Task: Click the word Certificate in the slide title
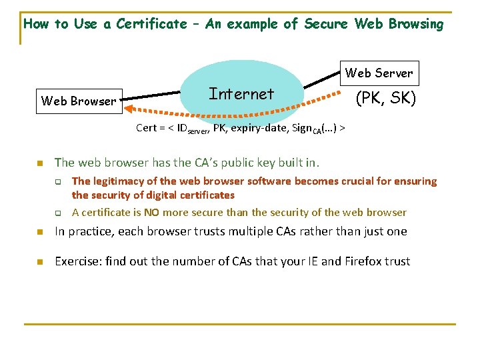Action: pyautogui.click(x=151, y=24)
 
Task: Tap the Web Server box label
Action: pyautogui.click(x=379, y=73)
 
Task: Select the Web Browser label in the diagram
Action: pyautogui.click(x=79, y=101)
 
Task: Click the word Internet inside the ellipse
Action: pyautogui.click(x=241, y=94)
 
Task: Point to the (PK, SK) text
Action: pyautogui.click(x=385, y=99)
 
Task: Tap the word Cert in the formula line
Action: pyautogui.click(x=146, y=128)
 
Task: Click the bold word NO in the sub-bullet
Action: pyautogui.click(x=153, y=212)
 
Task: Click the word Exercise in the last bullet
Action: pyautogui.click(x=77, y=261)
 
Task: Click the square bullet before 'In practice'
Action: pyautogui.click(x=39, y=232)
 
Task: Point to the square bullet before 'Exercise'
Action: pyautogui.click(x=39, y=262)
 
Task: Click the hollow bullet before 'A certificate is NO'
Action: pyautogui.click(x=58, y=213)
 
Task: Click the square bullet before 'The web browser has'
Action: pyautogui.click(x=39, y=163)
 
